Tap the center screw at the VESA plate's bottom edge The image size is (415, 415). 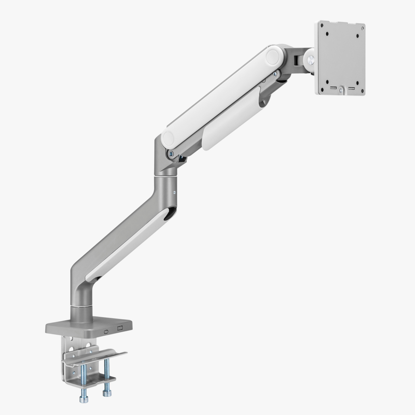point(341,90)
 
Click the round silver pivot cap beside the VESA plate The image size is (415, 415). point(310,58)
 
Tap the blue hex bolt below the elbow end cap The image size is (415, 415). point(170,153)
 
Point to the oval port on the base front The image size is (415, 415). point(107,329)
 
